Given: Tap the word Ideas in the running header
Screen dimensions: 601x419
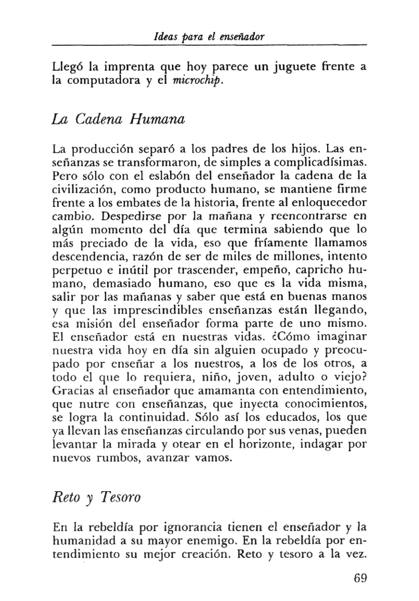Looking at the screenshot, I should point(163,36).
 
